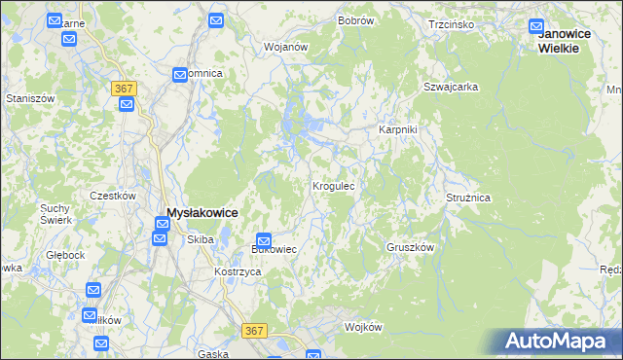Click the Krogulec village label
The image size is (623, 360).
338,185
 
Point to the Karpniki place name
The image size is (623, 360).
397,129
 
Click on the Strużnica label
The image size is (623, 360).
468,198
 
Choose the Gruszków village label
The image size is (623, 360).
409,247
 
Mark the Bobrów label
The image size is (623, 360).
355,19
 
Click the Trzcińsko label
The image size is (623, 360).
451,23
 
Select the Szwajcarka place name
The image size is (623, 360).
450,87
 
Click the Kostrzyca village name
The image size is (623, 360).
238,271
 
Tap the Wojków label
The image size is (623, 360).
363,327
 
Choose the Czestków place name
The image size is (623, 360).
112,195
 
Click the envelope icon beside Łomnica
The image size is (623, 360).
181,74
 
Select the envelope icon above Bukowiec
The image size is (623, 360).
264,241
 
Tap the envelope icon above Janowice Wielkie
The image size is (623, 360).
536,27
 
